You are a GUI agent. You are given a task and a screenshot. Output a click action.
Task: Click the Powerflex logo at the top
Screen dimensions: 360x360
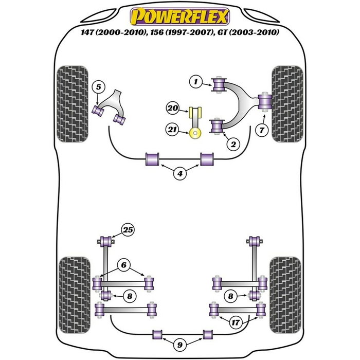[x=179, y=17]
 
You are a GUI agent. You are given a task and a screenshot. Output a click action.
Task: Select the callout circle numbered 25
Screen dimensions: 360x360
[x=128, y=229]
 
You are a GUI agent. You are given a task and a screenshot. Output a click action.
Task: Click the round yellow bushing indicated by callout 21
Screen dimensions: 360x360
[x=195, y=134]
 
